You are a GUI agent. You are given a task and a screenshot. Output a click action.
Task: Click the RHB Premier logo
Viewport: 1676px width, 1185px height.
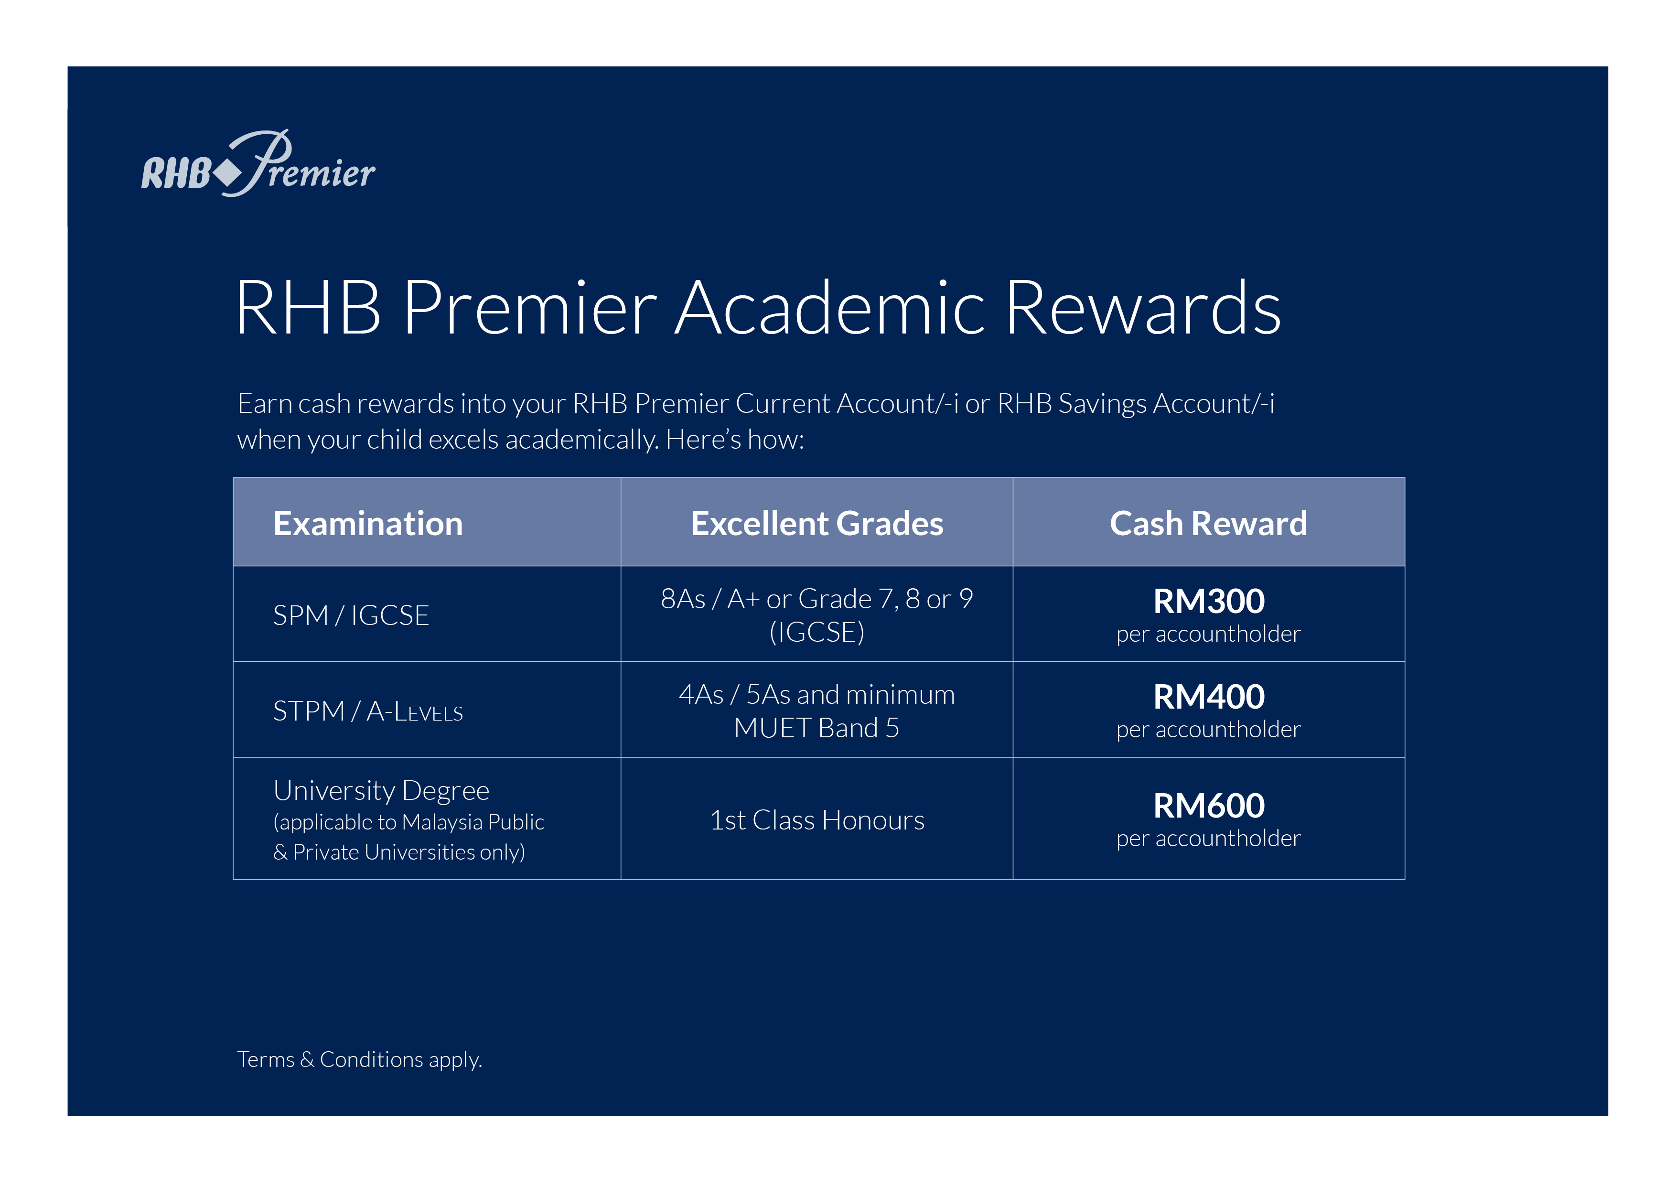click(258, 163)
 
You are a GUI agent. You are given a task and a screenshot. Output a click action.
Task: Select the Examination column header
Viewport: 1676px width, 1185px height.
click(368, 524)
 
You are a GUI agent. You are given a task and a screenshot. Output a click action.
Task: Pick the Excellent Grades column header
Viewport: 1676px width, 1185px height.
click(817, 524)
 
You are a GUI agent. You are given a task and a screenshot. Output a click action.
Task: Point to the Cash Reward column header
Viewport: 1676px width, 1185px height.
click(1208, 524)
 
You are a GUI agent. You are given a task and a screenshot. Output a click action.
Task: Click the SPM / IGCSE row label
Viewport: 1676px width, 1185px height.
click(351, 615)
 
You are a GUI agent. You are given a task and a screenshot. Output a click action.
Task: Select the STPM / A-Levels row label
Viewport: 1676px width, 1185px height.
click(368, 711)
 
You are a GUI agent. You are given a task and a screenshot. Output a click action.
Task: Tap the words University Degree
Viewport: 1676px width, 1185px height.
click(381, 791)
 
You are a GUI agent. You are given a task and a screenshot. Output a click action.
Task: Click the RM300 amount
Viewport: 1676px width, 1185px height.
click(1209, 601)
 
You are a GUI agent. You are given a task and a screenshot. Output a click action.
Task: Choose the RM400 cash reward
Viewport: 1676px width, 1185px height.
click(1209, 697)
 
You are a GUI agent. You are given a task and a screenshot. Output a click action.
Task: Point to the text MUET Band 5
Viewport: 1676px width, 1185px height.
click(817, 728)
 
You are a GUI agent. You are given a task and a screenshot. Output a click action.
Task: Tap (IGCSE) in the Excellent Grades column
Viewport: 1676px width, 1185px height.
click(817, 632)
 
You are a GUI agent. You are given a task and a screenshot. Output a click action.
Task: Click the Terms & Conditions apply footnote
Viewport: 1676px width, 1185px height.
click(359, 1059)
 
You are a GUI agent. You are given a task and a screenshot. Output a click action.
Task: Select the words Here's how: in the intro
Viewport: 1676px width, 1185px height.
click(734, 440)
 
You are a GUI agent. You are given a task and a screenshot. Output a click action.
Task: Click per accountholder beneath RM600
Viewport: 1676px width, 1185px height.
click(1208, 838)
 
